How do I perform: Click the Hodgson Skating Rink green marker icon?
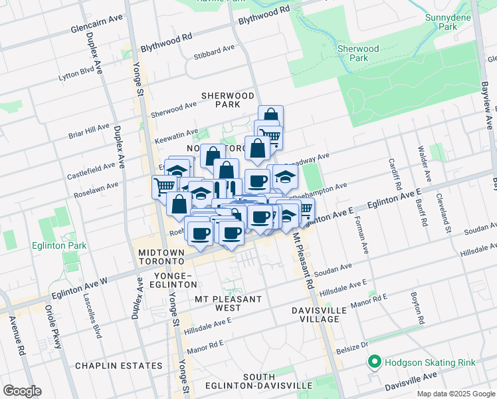[x=374, y=362]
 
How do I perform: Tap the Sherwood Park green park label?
[x=357, y=53]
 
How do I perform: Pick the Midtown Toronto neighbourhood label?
[x=162, y=257]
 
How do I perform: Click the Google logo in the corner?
[x=23, y=390]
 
